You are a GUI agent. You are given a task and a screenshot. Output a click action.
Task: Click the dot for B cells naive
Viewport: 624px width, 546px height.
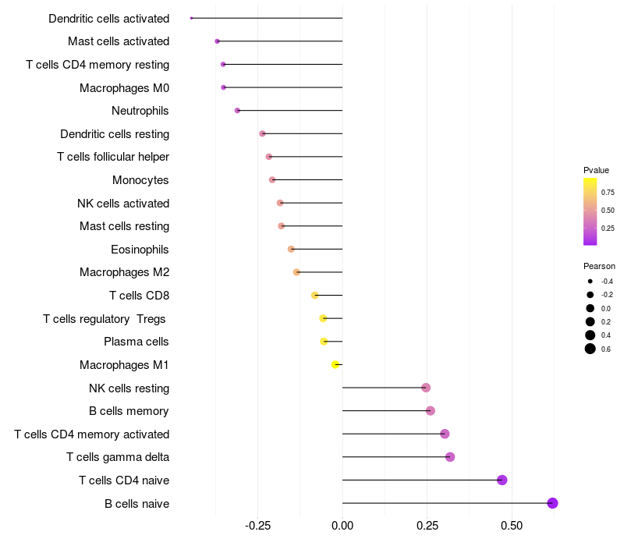tap(552, 503)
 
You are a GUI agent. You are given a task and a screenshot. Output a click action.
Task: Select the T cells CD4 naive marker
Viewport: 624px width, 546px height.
tap(502, 480)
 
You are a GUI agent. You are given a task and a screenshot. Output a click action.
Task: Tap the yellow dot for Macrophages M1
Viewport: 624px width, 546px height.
tap(335, 364)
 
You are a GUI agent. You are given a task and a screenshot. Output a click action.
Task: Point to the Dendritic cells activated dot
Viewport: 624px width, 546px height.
tap(191, 18)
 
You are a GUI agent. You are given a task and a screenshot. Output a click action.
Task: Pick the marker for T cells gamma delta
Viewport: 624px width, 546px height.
tap(450, 457)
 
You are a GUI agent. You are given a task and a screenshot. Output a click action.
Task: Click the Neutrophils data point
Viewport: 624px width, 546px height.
tap(237, 111)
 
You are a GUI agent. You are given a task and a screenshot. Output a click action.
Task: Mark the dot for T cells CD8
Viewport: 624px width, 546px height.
tap(315, 296)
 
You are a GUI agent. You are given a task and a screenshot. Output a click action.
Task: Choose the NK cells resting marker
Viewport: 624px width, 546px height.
tap(426, 388)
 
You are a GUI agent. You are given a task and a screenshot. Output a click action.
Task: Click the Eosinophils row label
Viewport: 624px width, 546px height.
tap(140, 250)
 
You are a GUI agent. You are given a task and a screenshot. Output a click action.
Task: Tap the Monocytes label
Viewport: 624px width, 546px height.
tap(140, 180)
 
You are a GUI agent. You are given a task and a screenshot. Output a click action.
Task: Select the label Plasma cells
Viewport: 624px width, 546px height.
tap(136, 342)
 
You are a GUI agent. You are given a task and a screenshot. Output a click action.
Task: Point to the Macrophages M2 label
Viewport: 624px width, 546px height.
tap(124, 272)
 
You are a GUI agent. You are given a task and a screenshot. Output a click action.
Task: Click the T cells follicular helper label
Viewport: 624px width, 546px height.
tap(113, 157)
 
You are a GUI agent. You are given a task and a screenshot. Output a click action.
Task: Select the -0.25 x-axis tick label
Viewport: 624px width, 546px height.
tap(257, 526)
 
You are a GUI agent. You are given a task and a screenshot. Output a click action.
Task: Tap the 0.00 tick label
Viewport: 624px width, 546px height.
tap(342, 526)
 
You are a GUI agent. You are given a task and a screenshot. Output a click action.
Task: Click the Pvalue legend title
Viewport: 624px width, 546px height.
tap(596, 170)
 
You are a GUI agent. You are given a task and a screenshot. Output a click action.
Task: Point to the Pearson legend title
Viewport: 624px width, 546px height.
tap(599, 266)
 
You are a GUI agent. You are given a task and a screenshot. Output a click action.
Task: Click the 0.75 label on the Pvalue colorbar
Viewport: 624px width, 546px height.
tap(608, 192)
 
